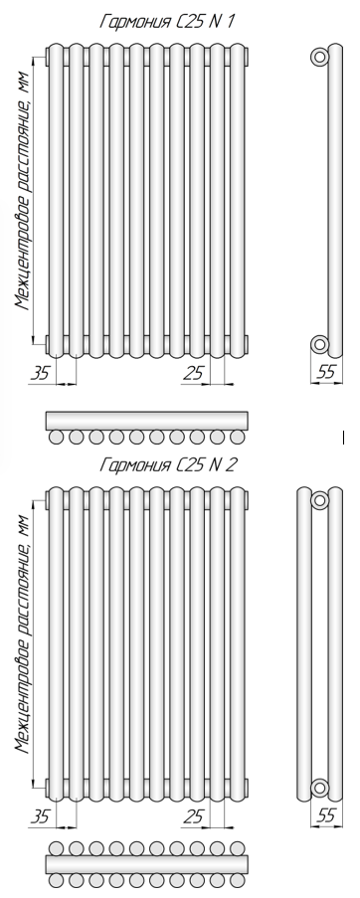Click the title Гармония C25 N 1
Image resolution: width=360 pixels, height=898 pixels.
(x=167, y=22)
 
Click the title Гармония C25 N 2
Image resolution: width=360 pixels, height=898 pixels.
(x=168, y=464)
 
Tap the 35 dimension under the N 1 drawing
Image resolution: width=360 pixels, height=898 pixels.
(x=40, y=373)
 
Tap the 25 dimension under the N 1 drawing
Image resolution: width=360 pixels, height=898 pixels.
(x=193, y=373)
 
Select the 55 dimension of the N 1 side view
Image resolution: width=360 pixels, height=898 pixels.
(x=325, y=372)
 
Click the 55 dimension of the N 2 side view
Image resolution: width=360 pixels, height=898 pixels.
(x=325, y=814)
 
